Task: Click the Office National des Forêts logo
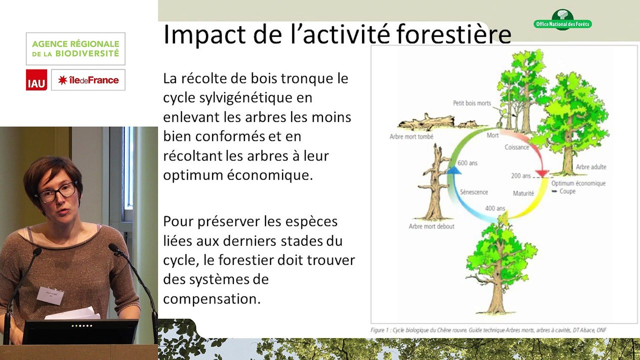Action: coord(562,20)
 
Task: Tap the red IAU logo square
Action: coord(36,80)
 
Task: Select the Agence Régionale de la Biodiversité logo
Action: coord(75,48)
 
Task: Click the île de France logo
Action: coord(88,80)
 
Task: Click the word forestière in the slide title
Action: coord(453,34)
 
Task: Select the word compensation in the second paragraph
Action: coord(211,298)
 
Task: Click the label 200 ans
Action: coord(520,176)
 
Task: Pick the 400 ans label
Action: coord(495,208)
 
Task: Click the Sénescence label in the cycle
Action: coord(473,192)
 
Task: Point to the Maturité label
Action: coord(523,193)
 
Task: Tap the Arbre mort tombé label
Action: coord(411,136)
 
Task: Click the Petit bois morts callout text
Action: coord(472,103)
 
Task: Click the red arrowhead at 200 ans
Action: coord(541,174)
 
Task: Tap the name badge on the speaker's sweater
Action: coord(50,294)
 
